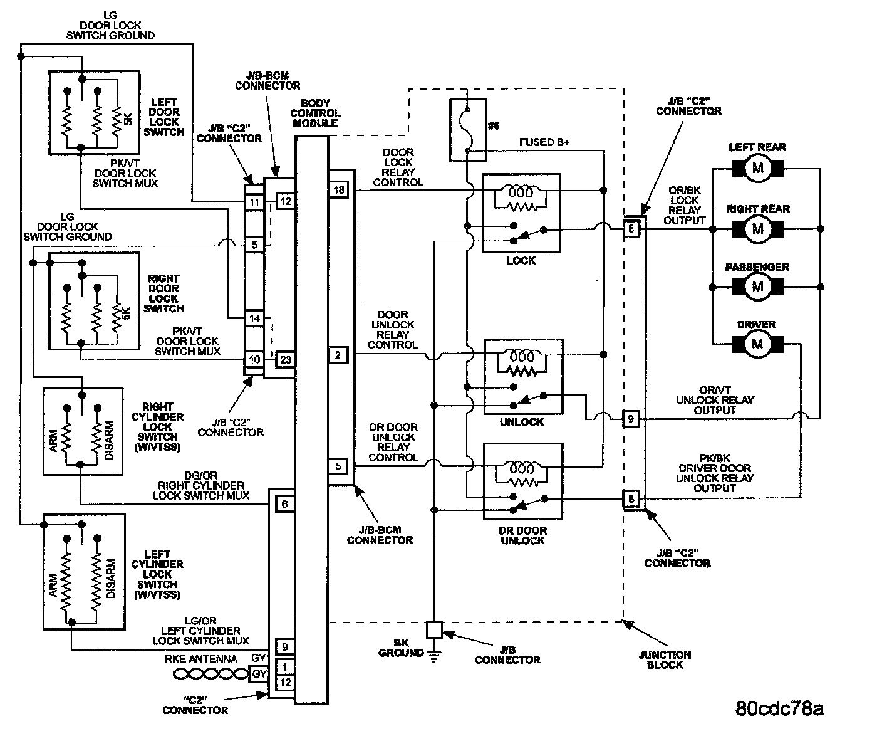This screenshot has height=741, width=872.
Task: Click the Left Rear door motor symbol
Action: coord(757,169)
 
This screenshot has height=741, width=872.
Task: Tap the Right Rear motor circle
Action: coord(757,229)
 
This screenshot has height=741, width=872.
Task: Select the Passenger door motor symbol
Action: coord(757,286)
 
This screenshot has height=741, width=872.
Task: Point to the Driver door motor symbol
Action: coord(757,344)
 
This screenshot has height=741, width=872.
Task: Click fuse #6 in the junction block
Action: coord(467,130)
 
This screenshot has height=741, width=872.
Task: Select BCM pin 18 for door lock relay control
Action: coord(339,189)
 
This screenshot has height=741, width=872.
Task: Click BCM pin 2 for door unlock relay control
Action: coord(338,355)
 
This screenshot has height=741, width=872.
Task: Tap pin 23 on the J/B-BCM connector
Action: coord(286,360)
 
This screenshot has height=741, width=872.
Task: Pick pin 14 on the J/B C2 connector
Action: coord(254,318)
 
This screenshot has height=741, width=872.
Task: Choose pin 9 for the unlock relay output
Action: coord(631,419)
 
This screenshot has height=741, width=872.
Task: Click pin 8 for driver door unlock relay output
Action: coord(631,498)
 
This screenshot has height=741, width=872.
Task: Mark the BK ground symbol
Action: coord(434,655)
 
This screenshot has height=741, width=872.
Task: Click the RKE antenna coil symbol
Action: coord(211,675)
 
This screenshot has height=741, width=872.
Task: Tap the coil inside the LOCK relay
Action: coord(521,192)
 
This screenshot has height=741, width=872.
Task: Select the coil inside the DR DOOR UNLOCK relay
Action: coord(522,468)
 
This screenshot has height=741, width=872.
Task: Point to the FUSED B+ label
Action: coord(544,142)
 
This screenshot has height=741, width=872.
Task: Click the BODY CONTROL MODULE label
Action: coord(315,113)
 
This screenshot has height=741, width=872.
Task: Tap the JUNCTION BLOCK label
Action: coord(665,660)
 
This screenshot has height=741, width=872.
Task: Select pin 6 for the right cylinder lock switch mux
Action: coord(285,504)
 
